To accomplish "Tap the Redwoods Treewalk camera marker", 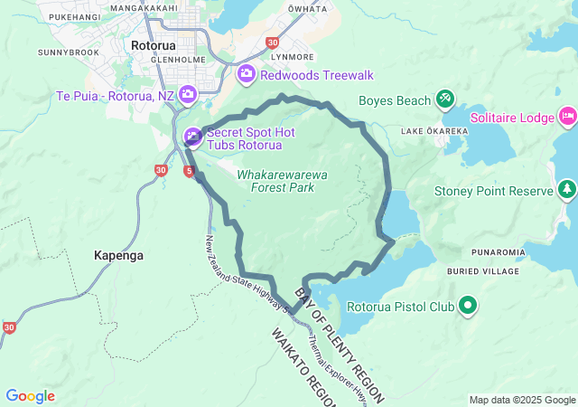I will coord(247,73).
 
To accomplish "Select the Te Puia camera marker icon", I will coord(188,93).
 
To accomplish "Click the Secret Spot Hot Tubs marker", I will coord(192,137).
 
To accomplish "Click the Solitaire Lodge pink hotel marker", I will coord(567,116).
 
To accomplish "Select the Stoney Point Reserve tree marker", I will coord(566,189).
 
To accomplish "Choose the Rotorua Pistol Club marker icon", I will coord(468,307).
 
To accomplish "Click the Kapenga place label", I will coord(118,256).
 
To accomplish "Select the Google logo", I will coord(30,396).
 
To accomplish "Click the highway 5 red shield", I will coord(188,170).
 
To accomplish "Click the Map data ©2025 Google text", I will coord(521,400).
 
